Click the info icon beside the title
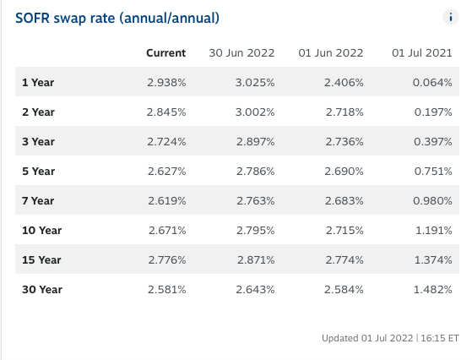[451, 17]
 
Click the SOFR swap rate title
[117, 19]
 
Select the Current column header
[165, 53]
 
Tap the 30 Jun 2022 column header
[241, 53]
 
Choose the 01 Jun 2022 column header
[331, 53]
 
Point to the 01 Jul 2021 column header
[422, 53]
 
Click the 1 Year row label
[38, 83]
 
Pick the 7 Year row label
[38, 200]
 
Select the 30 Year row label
[42, 290]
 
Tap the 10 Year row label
[42, 231]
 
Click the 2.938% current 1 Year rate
[166, 83]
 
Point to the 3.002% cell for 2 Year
[255, 112]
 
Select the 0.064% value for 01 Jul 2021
[432, 83]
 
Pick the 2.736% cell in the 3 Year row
[345, 142]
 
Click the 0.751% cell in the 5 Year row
[433, 171]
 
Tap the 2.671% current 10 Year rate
[167, 231]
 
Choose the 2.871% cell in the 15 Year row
[256, 260]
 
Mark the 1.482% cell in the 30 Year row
[433, 290]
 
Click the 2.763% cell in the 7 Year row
[256, 200]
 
